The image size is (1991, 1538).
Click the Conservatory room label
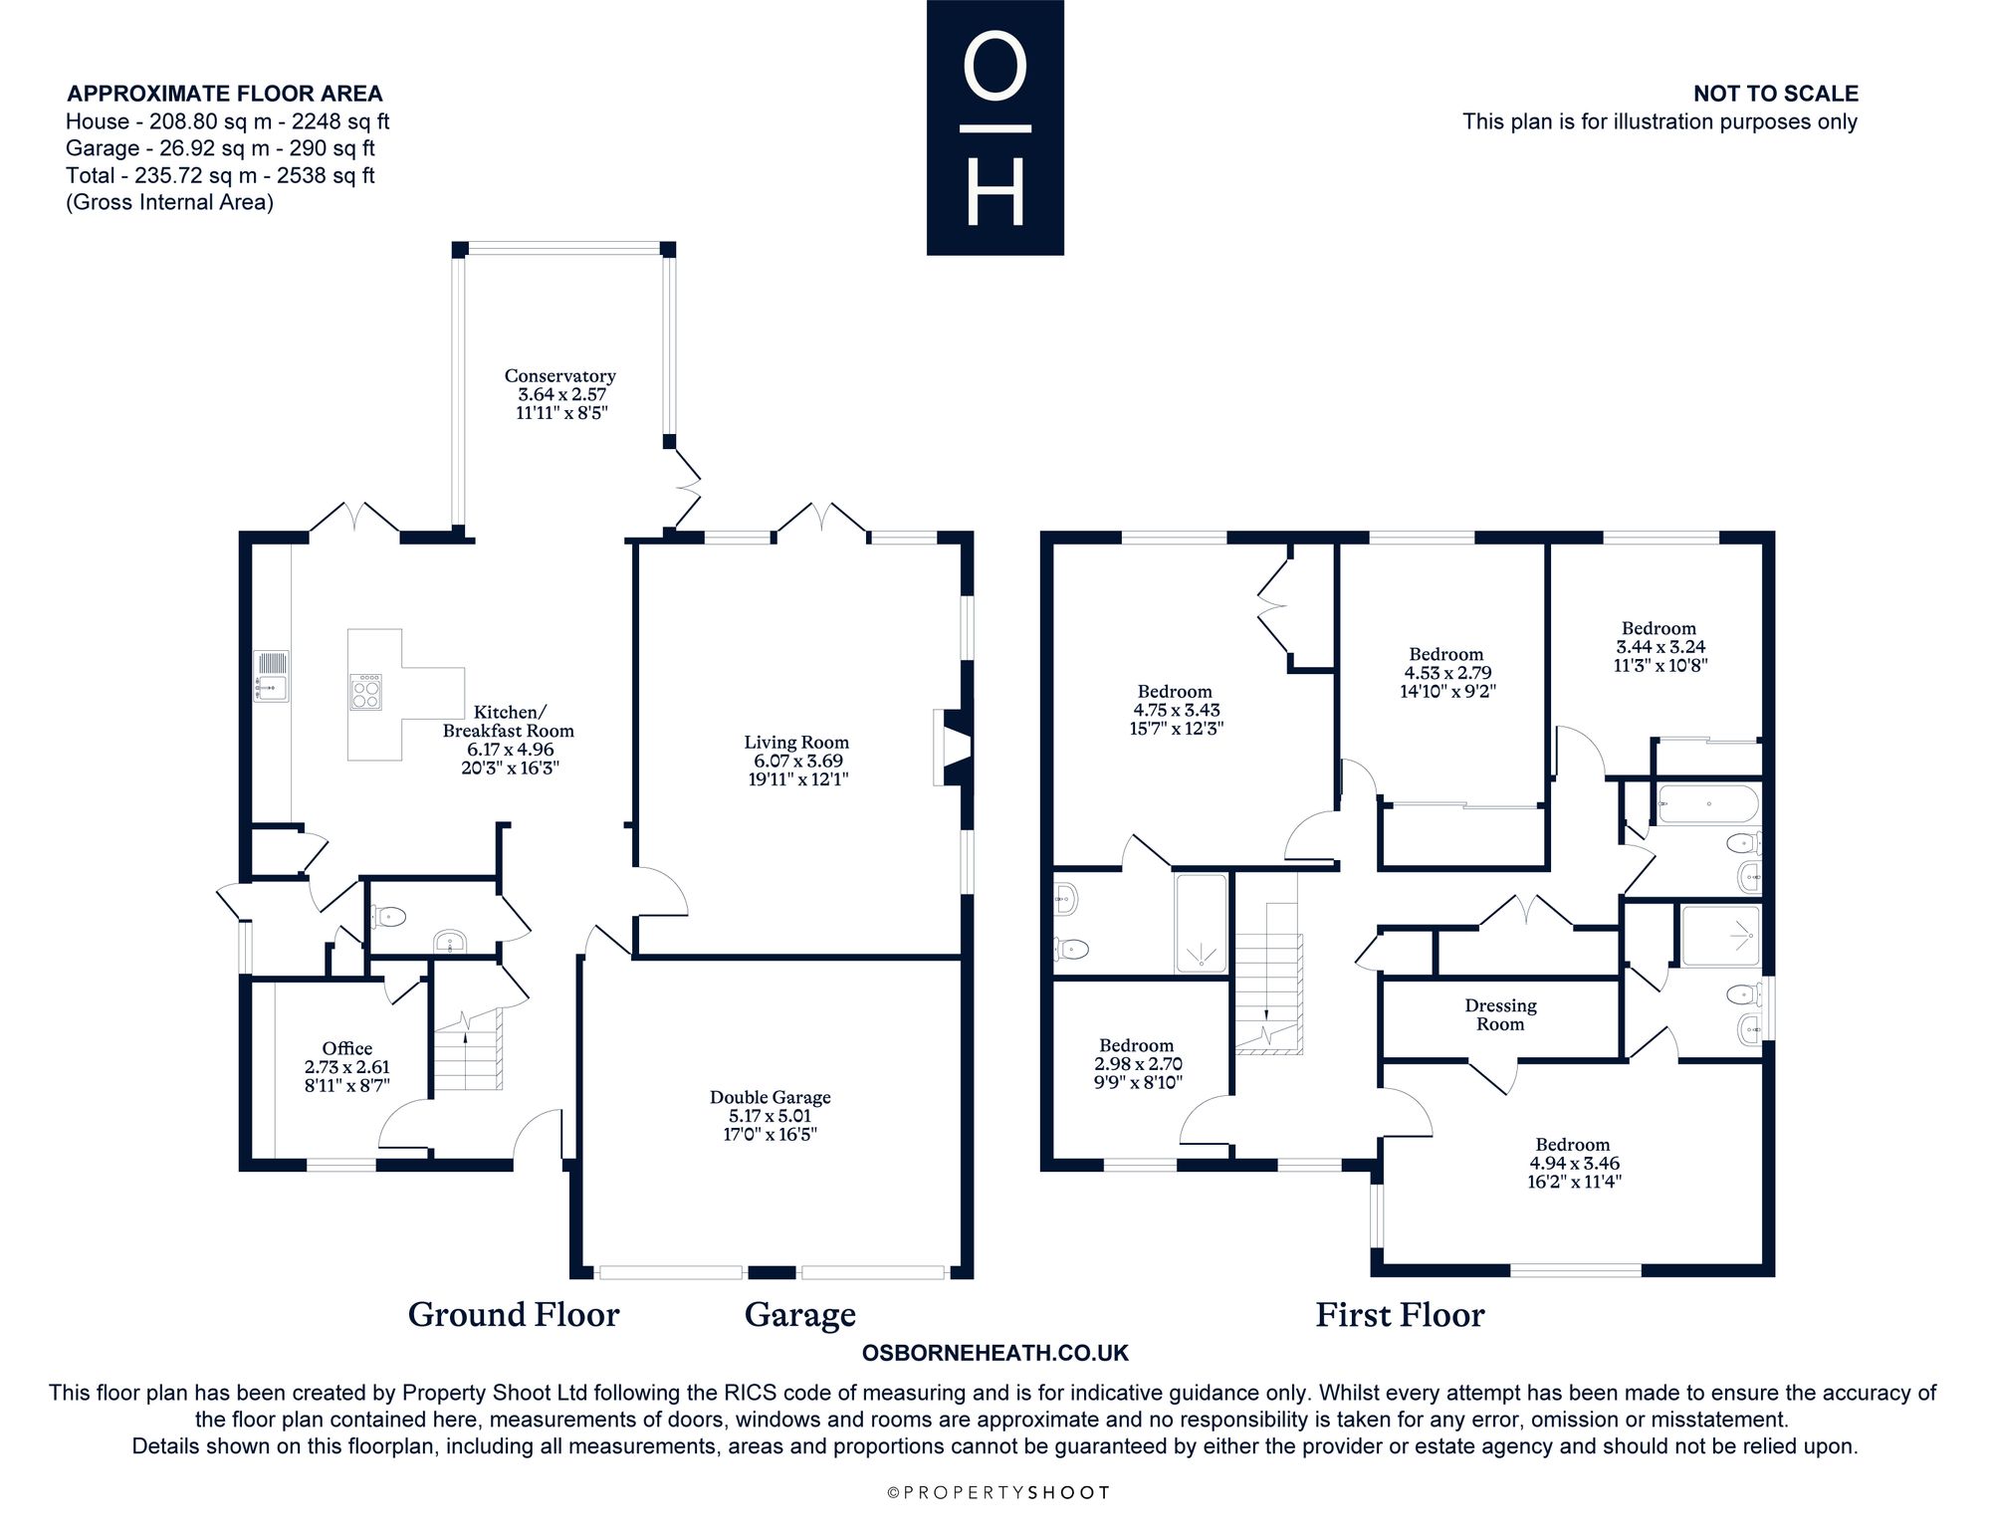(x=559, y=376)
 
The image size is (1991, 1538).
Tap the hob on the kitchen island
(x=365, y=691)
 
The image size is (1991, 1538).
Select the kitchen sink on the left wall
(x=272, y=676)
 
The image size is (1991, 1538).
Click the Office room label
(x=346, y=1048)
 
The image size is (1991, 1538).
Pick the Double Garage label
(x=770, y=1097)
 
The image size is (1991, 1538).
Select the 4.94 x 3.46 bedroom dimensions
(x=1572, y=1163)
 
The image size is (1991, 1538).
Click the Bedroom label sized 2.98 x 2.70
(x=1136, y=1045)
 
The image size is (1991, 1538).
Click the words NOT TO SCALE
(x=1776, y=94)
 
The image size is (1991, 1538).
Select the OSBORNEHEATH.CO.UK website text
(x=995, y=1353)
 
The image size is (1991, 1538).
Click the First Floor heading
(x=1400, y=1315)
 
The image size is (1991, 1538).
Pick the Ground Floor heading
(x=514, y=1315)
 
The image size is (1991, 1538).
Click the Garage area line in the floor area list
(x=220, y=148)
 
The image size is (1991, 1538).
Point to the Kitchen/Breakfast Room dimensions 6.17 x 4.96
(x=510, y=750)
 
